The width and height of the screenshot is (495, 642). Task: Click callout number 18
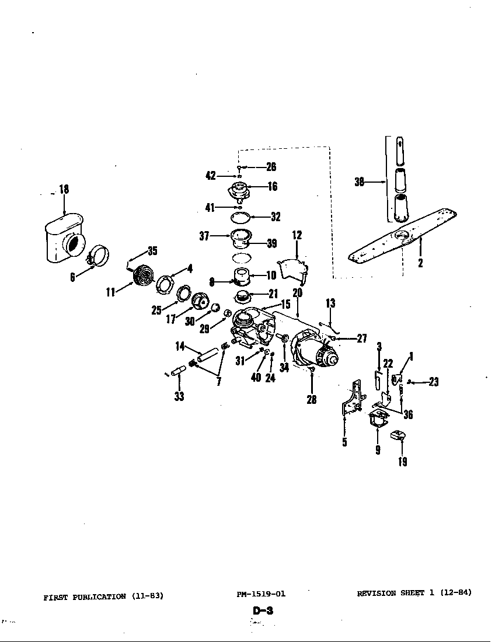click(x=64, y=189)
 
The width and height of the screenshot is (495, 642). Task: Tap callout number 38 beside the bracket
click(x=360, y=182)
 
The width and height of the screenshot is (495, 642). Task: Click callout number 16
click(x=272, y=187)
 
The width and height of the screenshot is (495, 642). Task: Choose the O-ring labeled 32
click(x=240, y=217)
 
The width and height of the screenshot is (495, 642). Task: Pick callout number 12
click(x=297, y=235)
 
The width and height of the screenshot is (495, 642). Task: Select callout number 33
click(x=179, y=396)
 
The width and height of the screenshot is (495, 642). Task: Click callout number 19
click(x=403, y=462)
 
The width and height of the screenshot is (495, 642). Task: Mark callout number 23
click(x=433, y=382)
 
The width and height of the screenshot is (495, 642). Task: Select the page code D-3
click(x=263, y=611)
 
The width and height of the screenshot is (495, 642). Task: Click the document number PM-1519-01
click(x=261, y=594)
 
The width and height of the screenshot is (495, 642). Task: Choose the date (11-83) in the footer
click(x=148, y=596)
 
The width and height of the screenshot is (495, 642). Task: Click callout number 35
click(x=152, y=251)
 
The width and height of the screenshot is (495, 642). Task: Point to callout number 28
click(x=312, y=400)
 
